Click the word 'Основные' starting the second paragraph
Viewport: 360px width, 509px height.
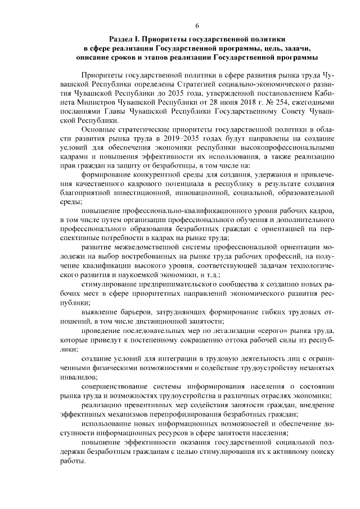pos(99,129)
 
